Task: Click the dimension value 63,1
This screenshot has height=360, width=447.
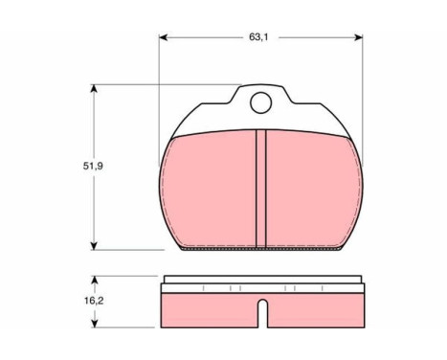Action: click(x=258, y=37)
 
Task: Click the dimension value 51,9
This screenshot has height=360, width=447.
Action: click(x=93, y=166)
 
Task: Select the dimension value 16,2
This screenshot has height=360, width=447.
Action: click(x=94, y=301)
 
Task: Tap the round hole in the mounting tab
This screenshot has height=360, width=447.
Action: click(x=260, y=102)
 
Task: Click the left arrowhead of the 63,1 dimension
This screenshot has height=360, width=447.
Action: click(x=164, y=37)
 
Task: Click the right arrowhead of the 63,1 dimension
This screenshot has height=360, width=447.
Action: click(x=358, y=37)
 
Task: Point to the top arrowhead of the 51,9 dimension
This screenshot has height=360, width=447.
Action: click(x=94, y=88)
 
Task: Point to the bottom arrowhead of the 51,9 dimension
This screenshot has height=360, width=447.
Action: click(x=94, y=246)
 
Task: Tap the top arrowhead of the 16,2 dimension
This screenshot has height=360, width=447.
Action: click(x=94, y=280)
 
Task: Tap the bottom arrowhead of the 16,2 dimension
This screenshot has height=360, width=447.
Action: click(x=94, y=323)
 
